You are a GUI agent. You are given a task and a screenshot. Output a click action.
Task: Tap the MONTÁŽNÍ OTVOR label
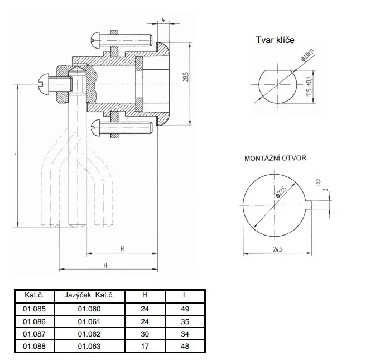pos(275,159)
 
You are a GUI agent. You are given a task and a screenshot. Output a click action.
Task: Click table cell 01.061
pos(88,321)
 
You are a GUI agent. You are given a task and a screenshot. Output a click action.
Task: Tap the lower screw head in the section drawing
pos(95,127)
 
